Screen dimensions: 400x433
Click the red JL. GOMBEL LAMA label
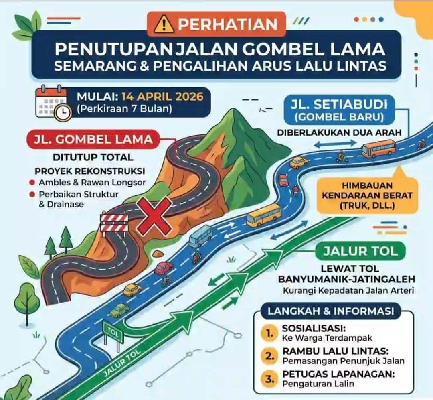click(x=93, y=139)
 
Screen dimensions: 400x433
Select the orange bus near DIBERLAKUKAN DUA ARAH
click(x=378, y=149)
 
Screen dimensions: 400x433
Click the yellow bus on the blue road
click(x=263, y=214)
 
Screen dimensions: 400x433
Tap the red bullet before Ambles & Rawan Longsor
click(x=32, y=183)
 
